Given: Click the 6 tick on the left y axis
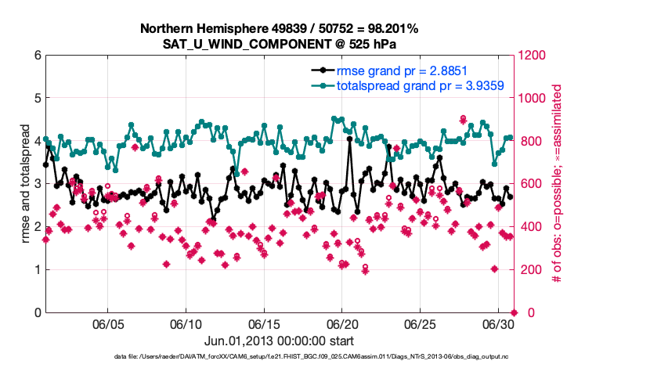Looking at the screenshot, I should pos(36,56).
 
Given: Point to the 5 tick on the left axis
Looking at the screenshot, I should pos(36,99).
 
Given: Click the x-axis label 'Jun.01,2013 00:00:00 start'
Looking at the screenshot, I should pos(279,341).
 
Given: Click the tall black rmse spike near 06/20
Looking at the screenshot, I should pos(349,139).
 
